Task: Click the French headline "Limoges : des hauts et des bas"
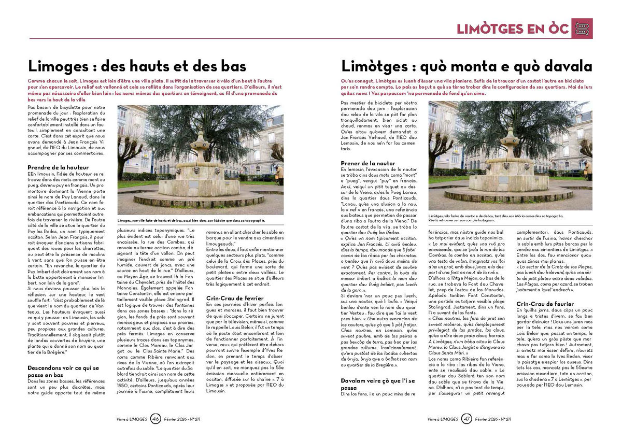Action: pos(137,66)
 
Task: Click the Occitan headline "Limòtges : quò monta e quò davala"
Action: pos(466,66)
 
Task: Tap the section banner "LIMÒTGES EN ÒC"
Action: pos(513,29)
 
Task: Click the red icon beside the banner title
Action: pos(582,29)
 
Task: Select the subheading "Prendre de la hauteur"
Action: pos(58,167)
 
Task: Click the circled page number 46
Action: pos(156,418)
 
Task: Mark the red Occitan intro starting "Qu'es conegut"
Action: pos(464,86)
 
